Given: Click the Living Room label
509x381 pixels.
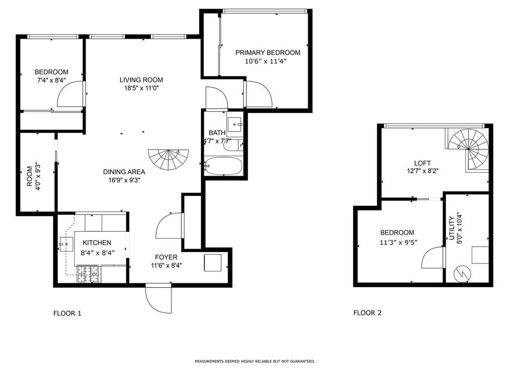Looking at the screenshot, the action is click(141, 80).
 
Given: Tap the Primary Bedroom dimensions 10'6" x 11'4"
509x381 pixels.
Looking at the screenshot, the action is click(265, 61).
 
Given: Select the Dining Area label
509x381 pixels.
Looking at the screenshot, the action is click(124, 172).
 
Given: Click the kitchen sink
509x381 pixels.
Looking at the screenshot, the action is click(66, 244).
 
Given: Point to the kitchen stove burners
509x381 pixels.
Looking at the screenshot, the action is click(87, 274).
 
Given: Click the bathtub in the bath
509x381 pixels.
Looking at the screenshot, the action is click(223, 166).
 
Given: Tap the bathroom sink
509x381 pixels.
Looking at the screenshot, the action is click(234, 125).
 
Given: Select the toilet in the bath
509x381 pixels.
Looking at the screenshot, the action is click(233, 145).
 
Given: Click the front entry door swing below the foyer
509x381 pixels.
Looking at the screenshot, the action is click(159, 298).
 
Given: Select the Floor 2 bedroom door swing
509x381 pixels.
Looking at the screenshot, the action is click(433, 257).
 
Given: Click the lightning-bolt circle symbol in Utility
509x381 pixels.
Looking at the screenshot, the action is click(462, 274).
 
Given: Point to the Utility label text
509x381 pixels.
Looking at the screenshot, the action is click(451, 228).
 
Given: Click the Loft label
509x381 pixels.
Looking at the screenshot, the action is click(423, 163).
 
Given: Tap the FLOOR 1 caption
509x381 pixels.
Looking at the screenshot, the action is click(67, 314).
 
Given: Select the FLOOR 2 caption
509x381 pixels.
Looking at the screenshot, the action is click(367, 313).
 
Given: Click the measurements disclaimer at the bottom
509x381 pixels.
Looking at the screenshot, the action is click(255, 361).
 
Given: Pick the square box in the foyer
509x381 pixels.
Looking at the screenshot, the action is click(213, 263).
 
